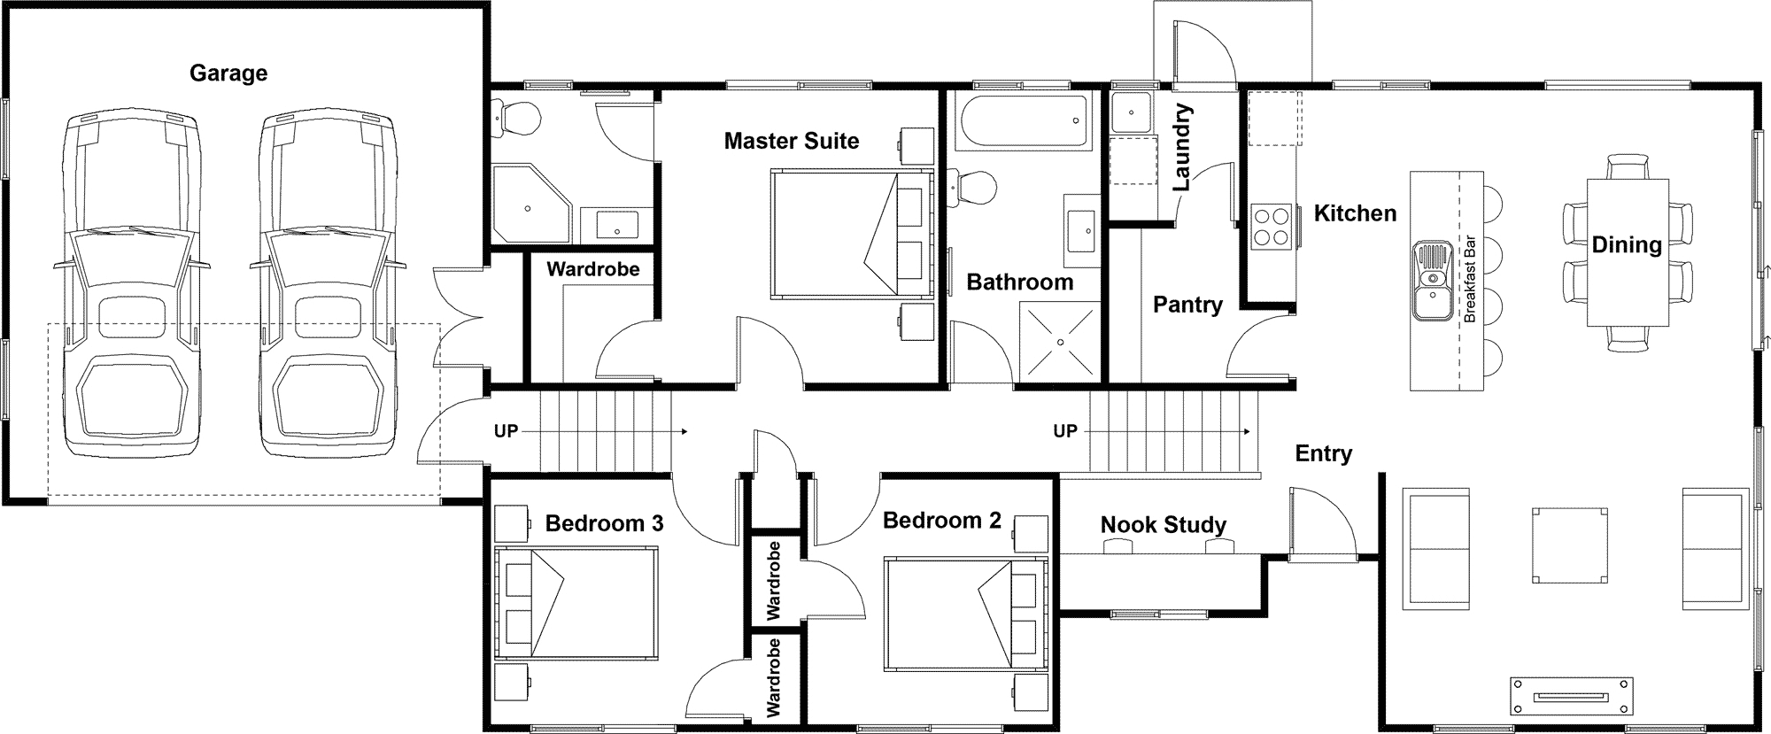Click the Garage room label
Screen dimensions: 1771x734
pos(228,73)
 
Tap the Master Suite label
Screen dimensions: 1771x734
pos(792,141)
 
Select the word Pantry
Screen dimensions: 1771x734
pos(1187,305)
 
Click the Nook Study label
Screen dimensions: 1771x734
pos(1164,525)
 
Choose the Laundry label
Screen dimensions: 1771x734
pos(1182,148)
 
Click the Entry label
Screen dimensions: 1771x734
pos(1324,454)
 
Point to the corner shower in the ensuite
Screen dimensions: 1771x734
pos(531,204)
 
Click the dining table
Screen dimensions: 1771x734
pos(1628,253)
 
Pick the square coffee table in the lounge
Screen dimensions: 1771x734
pos(1569,545)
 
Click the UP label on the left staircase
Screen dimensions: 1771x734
pos(506,432)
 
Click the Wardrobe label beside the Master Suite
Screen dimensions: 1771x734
pos(592,269)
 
